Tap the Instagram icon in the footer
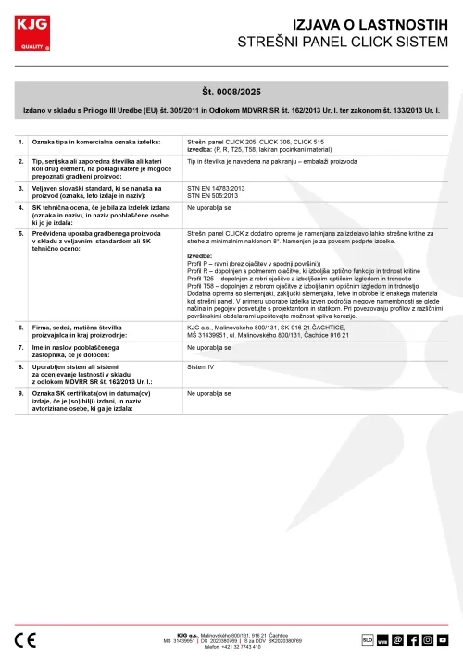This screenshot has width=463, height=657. (427, 639)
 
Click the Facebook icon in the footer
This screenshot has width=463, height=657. (412, 639)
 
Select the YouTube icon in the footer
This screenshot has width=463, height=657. (443, 639)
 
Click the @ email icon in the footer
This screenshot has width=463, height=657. (397, 639)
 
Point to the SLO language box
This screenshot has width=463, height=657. (367, 639)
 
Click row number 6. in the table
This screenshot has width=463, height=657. (21, 328)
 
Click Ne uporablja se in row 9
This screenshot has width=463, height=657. (208, 393)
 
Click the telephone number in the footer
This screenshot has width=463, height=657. (232, 646)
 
